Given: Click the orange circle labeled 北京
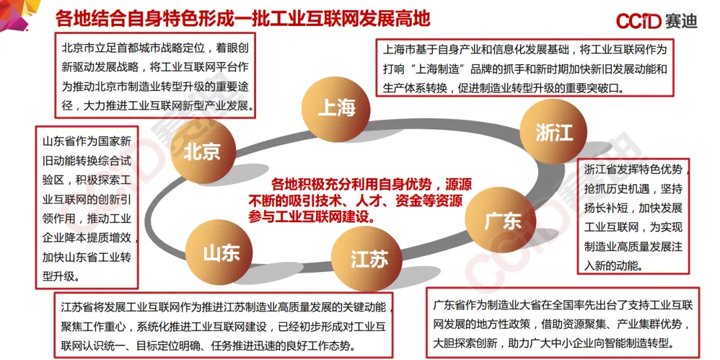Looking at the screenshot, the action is click(x=201, y=151).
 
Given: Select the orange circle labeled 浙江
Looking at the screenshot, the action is click(x=554, y=132).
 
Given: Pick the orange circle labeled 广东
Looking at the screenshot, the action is click(x=503, y=220).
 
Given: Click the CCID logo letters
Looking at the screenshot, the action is click(x=639, y=21).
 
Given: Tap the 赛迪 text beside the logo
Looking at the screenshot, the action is click(x=681, y=21).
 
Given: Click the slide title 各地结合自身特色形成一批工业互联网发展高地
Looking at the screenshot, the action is click(x=243, y=18).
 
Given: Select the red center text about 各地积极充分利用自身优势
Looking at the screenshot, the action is click(x=359, y=200).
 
